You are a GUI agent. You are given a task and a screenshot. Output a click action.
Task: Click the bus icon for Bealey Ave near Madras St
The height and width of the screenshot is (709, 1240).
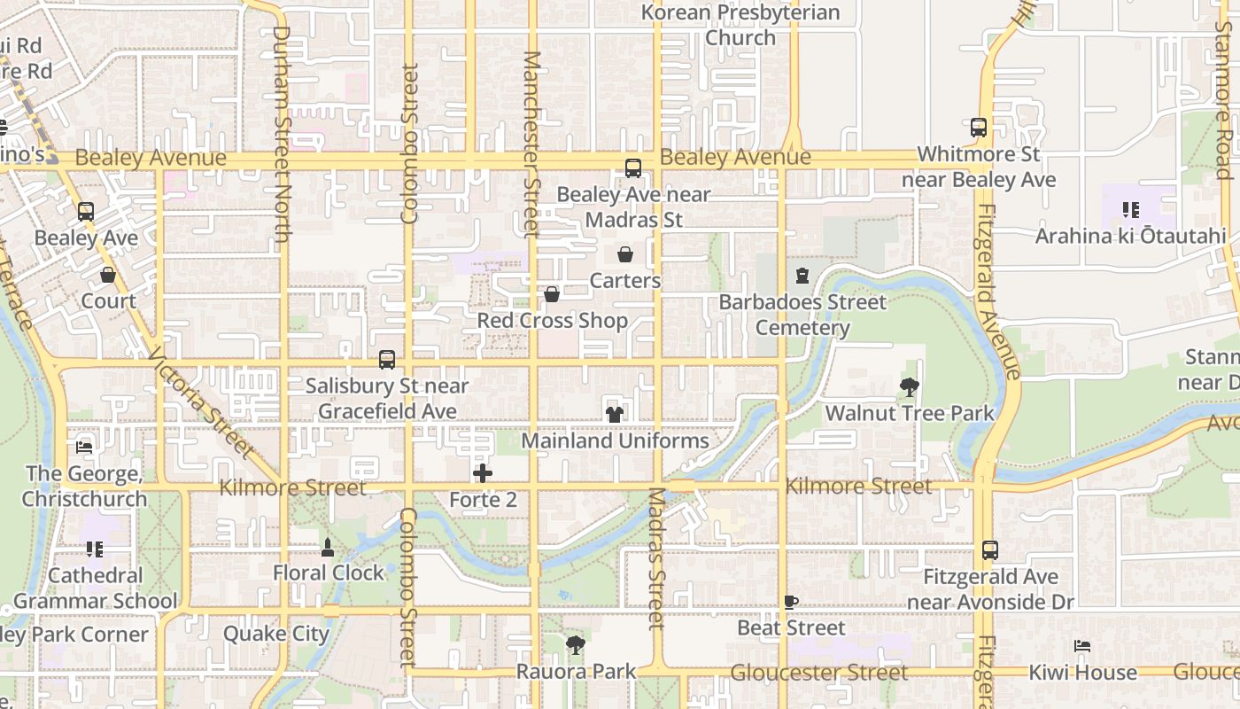(633, 168)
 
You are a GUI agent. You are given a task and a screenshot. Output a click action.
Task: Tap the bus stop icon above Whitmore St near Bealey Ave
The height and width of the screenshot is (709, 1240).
(979, 128)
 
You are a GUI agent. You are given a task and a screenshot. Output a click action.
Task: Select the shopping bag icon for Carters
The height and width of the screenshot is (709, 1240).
(625, 255)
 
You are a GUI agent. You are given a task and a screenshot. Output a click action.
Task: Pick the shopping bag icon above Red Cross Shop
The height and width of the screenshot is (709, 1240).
(552, 294)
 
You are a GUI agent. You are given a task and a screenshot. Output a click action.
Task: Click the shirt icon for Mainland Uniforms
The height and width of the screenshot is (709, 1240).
(615, 414)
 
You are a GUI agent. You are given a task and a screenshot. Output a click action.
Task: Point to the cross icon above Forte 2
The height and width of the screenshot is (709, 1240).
(483, 473)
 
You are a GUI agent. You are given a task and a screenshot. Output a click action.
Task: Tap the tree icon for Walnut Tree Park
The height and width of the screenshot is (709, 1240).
(909, 386)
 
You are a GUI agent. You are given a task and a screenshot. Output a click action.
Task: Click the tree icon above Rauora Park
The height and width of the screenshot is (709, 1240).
(576, 644)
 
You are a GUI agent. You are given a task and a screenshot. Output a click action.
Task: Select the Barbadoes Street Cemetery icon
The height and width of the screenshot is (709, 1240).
(802, 276)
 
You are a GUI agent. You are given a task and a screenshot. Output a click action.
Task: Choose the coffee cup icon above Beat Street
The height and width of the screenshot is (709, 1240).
(791, 603)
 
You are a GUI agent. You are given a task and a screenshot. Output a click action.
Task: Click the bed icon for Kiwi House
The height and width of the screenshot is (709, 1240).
(1081, 646)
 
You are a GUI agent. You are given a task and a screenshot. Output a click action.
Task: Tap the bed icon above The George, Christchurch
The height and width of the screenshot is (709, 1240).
(84, 447)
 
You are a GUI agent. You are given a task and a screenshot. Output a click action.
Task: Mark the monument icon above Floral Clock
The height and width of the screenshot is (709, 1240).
(328, 547)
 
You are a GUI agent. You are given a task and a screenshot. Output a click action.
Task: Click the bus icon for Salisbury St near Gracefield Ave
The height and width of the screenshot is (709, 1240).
(387, 360)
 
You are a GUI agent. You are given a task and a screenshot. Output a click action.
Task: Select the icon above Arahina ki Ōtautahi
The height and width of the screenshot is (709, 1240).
(1130, 210)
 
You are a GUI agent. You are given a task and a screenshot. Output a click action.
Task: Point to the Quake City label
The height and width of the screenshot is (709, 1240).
(276, 634)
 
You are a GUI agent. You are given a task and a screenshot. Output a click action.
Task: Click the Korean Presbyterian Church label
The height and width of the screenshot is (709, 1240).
(740, 25)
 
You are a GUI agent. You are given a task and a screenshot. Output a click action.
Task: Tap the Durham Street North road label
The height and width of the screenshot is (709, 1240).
(282, 133)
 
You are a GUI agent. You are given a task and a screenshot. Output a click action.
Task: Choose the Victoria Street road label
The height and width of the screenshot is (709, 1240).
(202, 402)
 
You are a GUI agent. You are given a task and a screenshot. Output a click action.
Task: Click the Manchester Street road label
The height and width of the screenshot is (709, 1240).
(531, 144)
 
